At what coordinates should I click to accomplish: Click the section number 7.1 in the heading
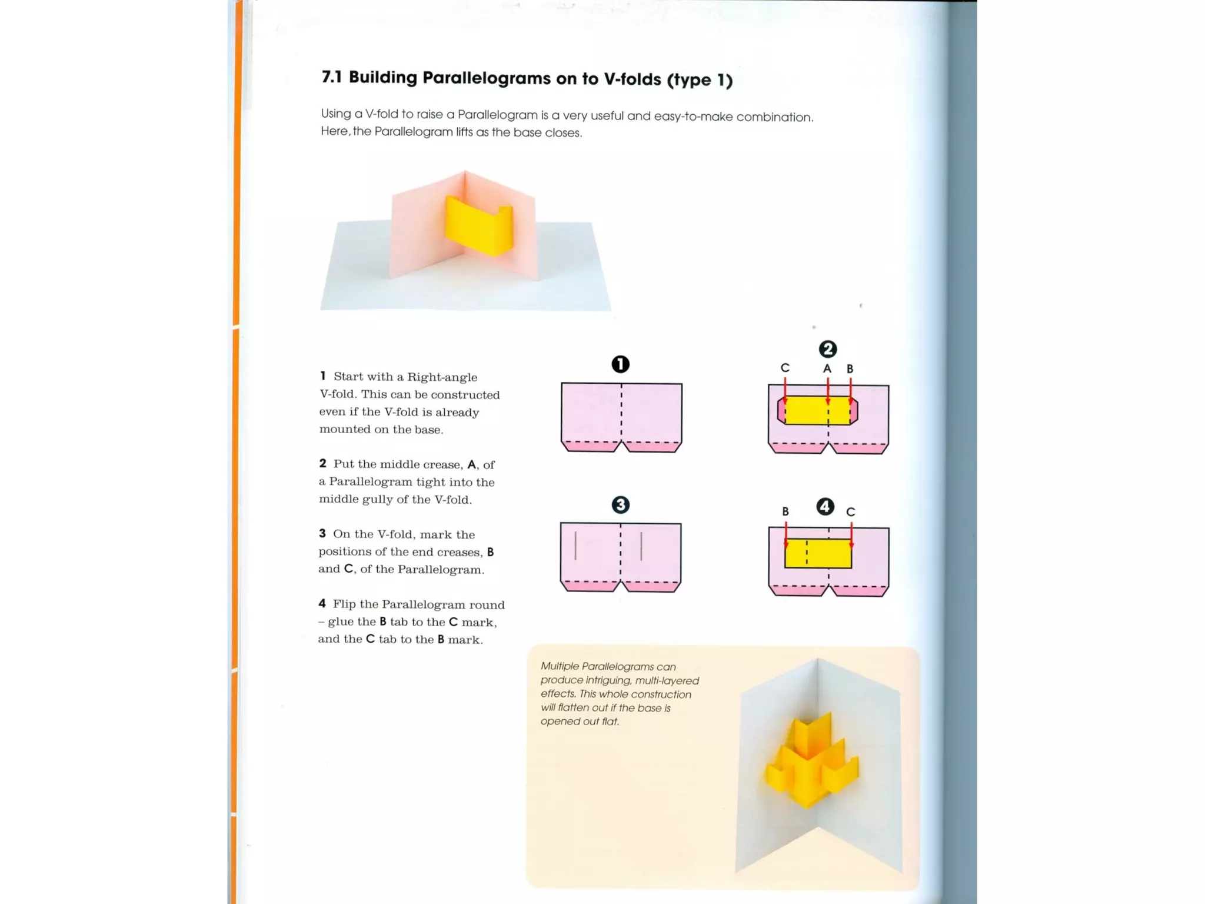click(x=331, y=77)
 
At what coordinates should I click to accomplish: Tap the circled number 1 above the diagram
click(x=620, y=364)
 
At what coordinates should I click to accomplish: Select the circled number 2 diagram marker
click(x=827, y=349)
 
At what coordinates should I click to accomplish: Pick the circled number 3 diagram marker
click(x=620, y=505)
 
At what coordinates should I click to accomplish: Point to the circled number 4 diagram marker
click(x=825, y=507)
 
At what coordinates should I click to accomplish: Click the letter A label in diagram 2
click(x=827, y=369)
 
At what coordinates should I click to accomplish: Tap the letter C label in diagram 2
click(x=785, y=368)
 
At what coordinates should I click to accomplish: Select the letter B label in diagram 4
click(x=785, y=511)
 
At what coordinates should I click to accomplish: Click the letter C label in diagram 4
click(x=850, y=512)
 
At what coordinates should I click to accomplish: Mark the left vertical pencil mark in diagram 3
click(x=575, y=546)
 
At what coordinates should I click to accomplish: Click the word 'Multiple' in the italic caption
click(x=560, y=666)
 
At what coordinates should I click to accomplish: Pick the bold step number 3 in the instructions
click(x=322, y=533)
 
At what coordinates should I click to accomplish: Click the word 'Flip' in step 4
click(x=345, y=604)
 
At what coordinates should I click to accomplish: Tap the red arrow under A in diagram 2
click(x=828, y=391)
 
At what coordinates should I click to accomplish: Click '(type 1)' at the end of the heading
click(x=700, y=79)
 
